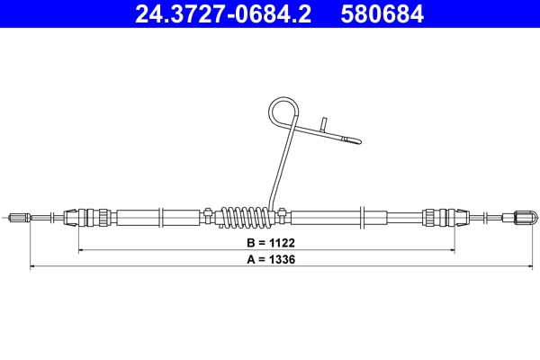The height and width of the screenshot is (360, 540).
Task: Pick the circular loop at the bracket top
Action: pyautogui.click(x=283, y=113)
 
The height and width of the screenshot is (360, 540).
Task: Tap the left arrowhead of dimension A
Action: pyautogui.click(x=33, y=266)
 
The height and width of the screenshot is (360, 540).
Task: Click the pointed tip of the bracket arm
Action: pyautogui.click(x=359, y=140)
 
